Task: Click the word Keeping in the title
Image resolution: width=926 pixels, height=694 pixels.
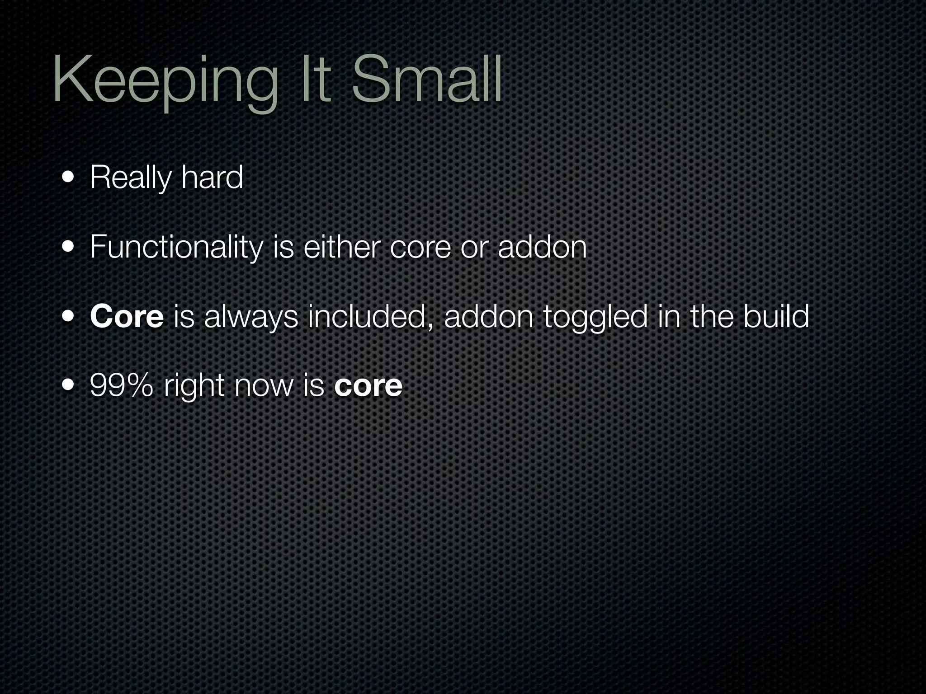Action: pos(165,82)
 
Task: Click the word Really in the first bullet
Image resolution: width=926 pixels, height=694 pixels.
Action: pos(130,178)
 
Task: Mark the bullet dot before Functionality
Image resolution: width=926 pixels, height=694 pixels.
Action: pos(69,247)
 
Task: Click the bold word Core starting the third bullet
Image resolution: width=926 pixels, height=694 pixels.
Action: pos(127,317)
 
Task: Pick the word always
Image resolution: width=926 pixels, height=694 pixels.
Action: pos(251,317)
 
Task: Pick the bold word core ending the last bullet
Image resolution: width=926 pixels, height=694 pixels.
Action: pos(368,387)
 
